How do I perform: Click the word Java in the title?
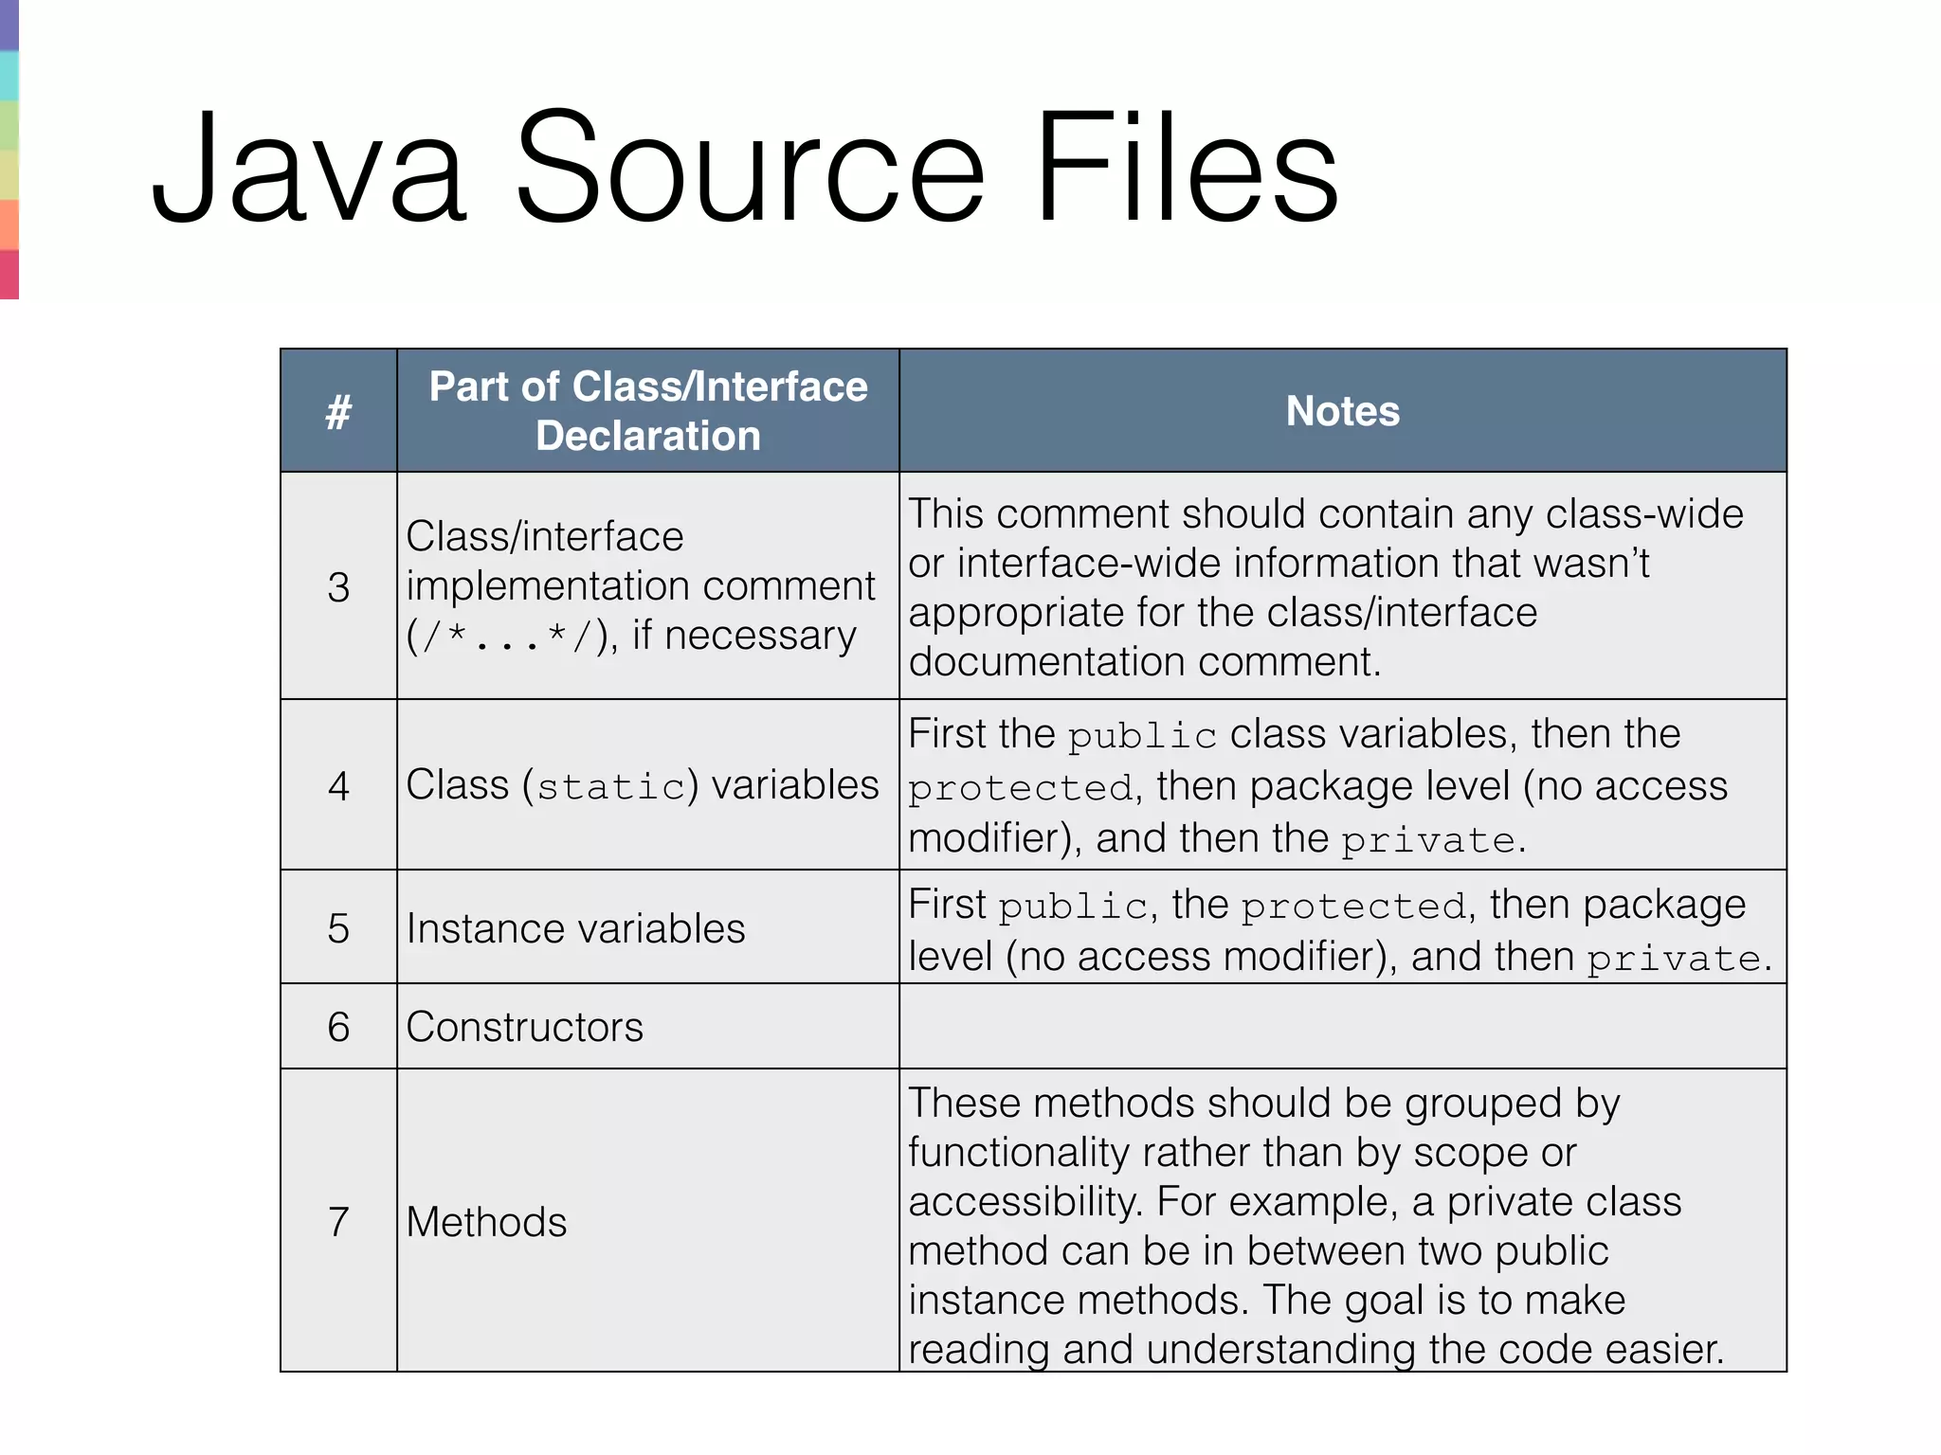point(309,169)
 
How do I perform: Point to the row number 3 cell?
point(338,587)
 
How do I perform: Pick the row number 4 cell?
point(338,786)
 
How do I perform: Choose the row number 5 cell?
point(338,928)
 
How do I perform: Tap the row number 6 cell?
point(338,1027)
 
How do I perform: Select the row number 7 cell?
point(338,1222)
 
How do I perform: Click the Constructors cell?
point(524,1027)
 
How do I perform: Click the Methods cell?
point(486,1222)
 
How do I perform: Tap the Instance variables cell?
point(575,928)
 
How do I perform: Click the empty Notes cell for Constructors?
point(1342,1027)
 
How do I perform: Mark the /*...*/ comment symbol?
point(507,637)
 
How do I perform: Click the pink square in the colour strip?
point(9,275)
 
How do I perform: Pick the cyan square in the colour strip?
point(9,76)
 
